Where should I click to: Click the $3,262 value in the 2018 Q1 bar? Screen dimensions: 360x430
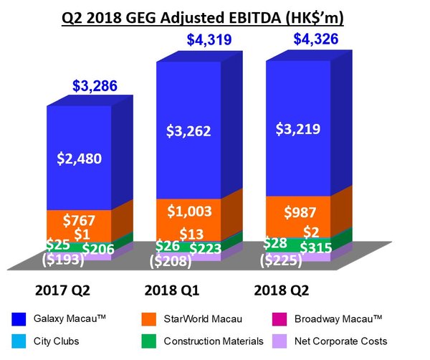click(188, 131)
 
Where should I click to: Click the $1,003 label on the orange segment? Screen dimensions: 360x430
click(189, 211)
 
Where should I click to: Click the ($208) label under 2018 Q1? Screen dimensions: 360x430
click(170, 261)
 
